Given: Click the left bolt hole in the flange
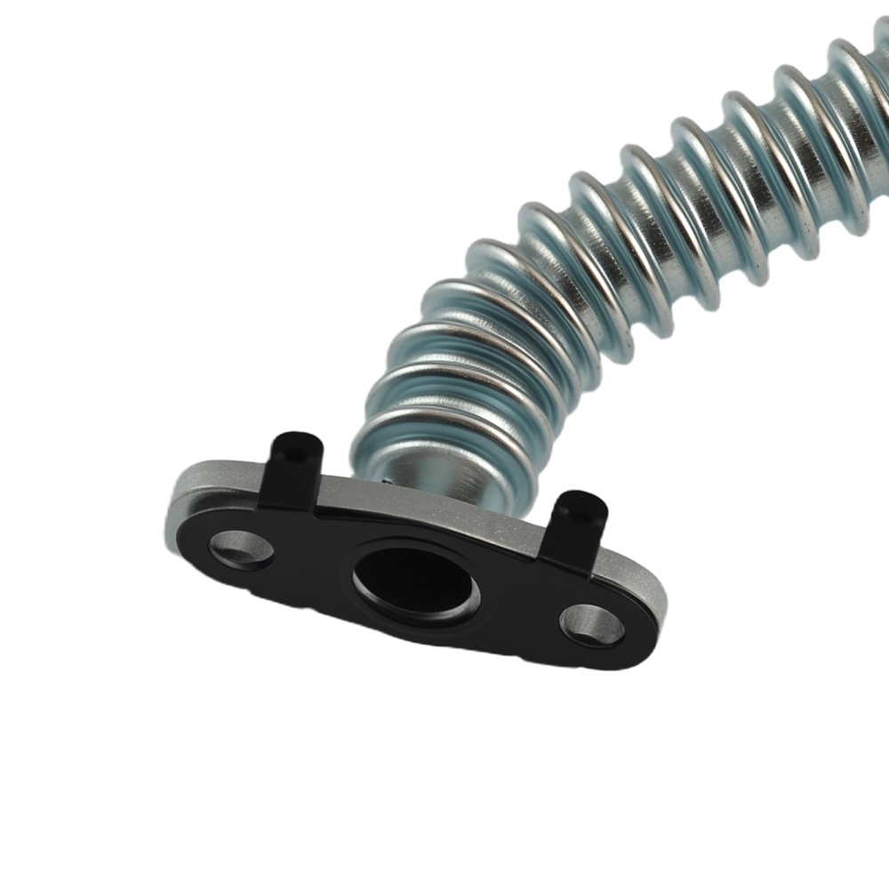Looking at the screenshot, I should [241, 549].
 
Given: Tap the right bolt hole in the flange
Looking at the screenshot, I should [591, 624].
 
